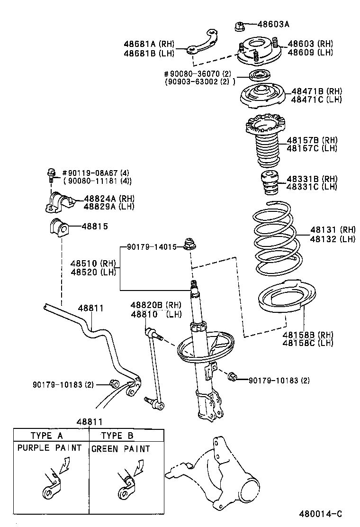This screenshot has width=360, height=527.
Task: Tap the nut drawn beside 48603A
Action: pos(239,25)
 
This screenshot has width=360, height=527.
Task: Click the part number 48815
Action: pos(96,227)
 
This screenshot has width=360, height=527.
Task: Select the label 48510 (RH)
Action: pos(93,263)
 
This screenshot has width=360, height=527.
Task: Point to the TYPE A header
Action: pos(46,436)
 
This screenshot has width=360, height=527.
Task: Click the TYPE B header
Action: pos(117,436)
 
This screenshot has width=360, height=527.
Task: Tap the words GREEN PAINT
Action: pos(120,449)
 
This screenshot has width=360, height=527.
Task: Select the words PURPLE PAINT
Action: pos(50,448)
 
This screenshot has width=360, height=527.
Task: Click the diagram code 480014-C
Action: pos(320,514)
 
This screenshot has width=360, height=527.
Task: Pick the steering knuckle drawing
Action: pos(223,479)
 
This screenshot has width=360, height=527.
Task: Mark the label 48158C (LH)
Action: pos(308,343)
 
